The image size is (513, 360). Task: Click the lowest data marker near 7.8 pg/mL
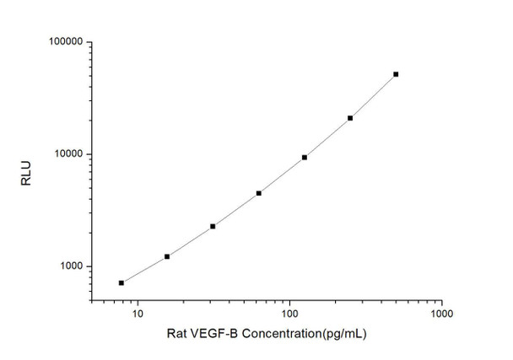(121, 282)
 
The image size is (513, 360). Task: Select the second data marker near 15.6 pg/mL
(167, 256)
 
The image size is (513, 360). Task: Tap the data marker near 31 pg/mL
(213, 226)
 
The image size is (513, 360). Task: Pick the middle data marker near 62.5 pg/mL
(259, 193)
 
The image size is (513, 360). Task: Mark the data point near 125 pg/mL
(305, 158)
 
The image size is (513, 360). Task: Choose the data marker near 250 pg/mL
(350, 118)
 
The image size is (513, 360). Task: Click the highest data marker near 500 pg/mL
(396, 74)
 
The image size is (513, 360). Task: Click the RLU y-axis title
(25, 172)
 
